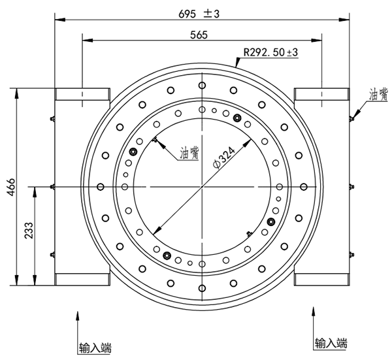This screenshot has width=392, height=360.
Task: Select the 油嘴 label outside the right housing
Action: (378, 95)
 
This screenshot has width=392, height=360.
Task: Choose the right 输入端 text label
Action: (331, 343)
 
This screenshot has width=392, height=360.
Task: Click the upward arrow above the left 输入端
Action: (79, 317)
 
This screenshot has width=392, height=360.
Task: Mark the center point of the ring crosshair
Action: (203, 188)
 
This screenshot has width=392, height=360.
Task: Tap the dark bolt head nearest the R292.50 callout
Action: (237, 118)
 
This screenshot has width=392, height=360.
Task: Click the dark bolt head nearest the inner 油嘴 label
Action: (134, 152)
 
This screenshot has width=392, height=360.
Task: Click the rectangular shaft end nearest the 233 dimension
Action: (82, 280)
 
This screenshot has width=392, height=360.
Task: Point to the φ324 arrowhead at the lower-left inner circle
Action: (155, 232)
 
